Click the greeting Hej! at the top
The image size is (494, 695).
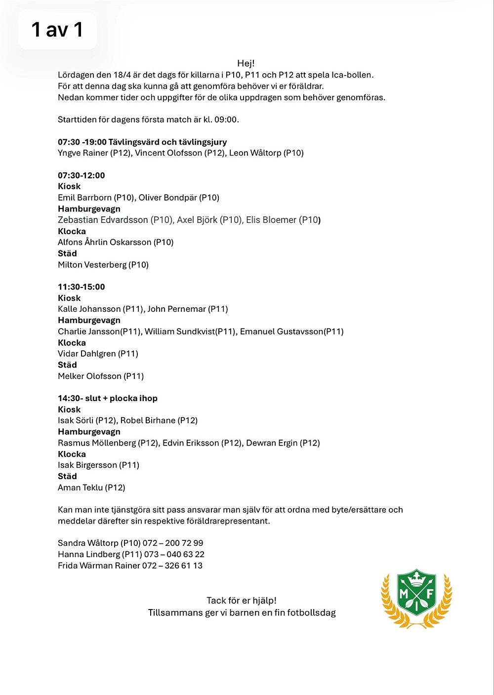tap(246, 63)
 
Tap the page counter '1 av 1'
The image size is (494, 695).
tap(57, 30)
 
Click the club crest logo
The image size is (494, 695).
tap(416, 598)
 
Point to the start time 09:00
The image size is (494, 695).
tap(226, 120)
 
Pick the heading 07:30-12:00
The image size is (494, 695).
tap(82, 175)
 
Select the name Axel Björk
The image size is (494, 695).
tap(197, 220)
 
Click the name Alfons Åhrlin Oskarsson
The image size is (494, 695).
tap(105, 242)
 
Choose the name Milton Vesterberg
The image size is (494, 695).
tap(92, 265)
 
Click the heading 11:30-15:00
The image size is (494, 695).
tap(82, 287)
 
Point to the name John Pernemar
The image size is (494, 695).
tap(176, 309)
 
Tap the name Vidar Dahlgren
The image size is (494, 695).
tap(87, 354)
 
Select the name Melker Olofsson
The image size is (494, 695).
tap(89, 376)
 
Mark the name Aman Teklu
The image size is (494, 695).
tap(80, 488)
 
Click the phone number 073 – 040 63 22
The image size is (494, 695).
tap(174, 554)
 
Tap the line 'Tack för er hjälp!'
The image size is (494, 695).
tap(242, 601)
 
